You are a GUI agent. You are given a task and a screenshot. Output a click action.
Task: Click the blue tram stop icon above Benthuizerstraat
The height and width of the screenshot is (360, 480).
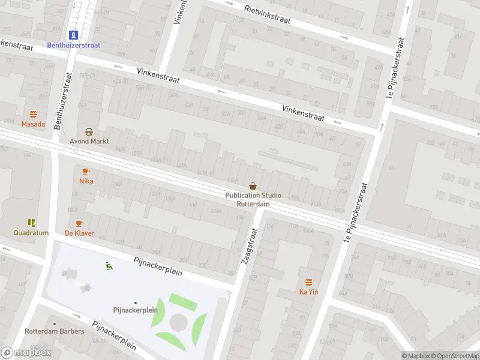click(73, 34)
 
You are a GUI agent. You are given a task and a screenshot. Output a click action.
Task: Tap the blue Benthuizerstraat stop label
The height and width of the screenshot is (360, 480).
click(73, 45)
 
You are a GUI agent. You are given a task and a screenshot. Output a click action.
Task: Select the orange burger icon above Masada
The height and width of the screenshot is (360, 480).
click(33, 114)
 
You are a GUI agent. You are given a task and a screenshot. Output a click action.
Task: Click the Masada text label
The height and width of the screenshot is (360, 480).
click(33, 124)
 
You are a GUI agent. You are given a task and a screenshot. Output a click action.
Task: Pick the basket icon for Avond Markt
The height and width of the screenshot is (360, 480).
click(89, 131)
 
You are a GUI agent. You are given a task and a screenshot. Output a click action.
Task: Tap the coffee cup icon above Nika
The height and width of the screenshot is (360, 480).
click(86, 171)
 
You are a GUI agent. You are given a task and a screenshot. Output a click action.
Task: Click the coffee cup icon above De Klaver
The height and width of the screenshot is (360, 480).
click(79, 223)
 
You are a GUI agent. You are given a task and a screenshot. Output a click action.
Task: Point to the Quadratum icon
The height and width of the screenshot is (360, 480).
click(32, 223)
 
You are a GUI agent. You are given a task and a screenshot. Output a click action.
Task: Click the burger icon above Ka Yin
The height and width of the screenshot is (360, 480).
click(308, 282)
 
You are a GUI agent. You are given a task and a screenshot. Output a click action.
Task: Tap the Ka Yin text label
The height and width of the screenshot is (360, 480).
click(308, 292)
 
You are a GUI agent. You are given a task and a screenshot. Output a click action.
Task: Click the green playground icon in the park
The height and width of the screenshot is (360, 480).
click(109, 265)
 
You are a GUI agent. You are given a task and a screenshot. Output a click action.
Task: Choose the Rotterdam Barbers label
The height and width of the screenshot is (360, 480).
click(55, 331)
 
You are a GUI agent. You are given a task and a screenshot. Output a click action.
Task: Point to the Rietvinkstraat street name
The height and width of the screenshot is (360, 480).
click(268, 14)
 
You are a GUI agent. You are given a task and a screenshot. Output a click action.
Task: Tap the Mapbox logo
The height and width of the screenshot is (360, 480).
click(26, 353)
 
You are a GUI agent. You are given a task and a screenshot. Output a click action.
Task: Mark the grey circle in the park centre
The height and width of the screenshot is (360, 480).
click(178, 322)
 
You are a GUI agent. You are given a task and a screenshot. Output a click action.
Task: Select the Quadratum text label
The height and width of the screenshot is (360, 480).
click(32, 233)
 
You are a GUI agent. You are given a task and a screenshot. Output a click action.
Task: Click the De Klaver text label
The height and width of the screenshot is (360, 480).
click(79, 233)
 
